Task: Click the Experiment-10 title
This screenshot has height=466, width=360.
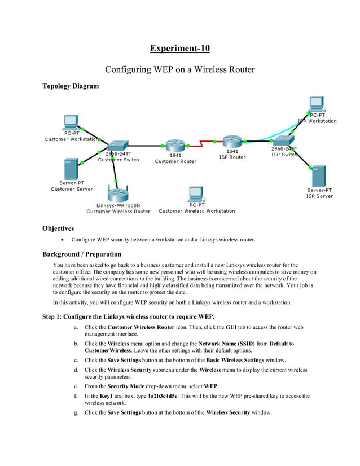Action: (179, 48)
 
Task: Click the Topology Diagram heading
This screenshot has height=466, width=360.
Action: (71, 86)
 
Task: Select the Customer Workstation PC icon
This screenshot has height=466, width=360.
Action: (71, 122)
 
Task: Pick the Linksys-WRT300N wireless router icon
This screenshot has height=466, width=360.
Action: (118, 194)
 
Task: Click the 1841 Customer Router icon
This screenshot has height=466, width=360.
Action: (175, 145)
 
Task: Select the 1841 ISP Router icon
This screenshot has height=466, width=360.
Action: (232, 141)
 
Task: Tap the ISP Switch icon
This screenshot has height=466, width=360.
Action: (286, 140)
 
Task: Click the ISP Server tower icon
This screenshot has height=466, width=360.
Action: (319, 177)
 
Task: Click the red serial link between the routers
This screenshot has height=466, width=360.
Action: (204, 144)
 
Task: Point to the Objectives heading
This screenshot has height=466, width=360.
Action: (58, 228)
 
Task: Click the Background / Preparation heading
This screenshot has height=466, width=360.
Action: (81, 254)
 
